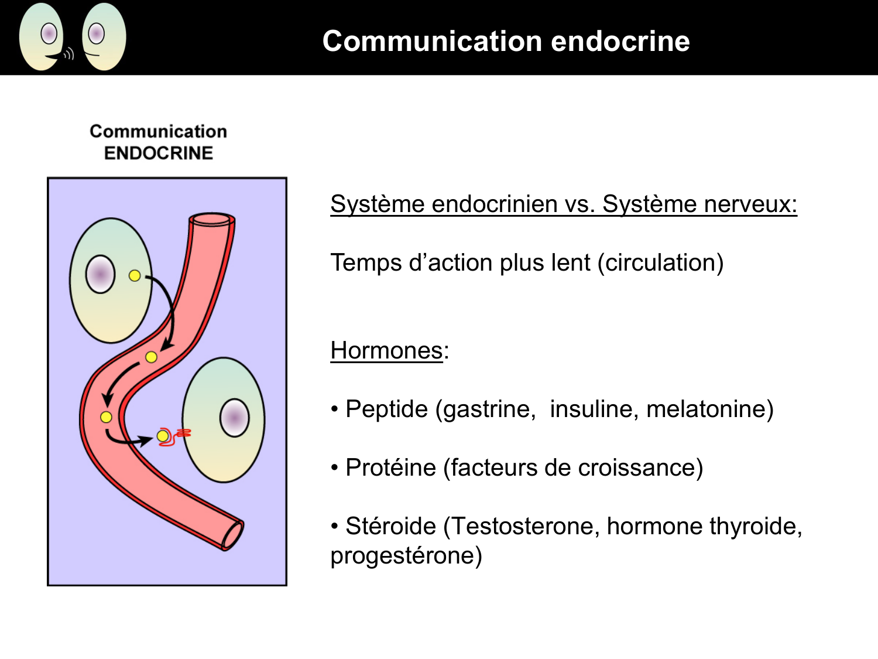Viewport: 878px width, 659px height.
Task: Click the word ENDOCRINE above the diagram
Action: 158,153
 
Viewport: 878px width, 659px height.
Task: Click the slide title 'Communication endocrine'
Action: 506,41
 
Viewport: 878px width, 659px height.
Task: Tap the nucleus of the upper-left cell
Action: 100,274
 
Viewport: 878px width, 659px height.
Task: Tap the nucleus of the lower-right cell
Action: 234,418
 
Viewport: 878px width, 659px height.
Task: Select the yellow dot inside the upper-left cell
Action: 135,275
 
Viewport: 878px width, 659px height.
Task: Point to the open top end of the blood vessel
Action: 211,220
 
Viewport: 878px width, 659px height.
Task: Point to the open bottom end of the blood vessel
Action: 232,535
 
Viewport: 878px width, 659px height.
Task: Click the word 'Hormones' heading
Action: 386,350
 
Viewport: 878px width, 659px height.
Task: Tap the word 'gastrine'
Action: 486,409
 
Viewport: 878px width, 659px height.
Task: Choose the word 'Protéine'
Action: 390,467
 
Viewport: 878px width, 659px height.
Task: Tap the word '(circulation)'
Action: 660,262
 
